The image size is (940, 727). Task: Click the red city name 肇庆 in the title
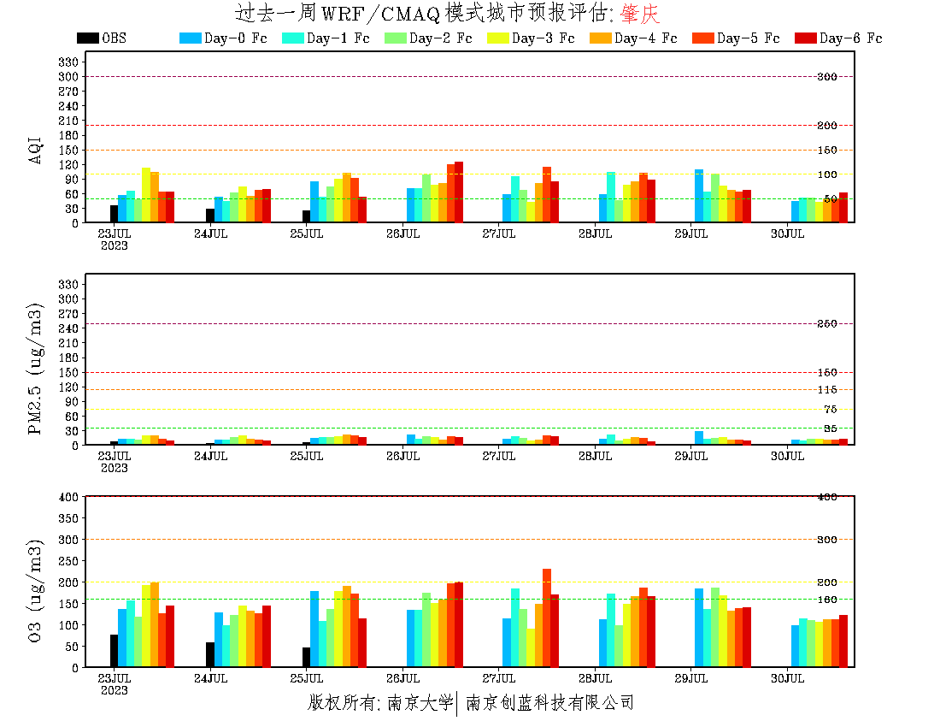[640, 14]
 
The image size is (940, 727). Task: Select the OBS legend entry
[102, 38]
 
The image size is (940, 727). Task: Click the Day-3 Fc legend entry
[531, 38]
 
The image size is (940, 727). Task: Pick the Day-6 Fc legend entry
[838, 38]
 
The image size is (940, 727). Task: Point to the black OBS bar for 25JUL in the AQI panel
[306, 216]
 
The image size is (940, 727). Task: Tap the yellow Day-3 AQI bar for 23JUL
[146, 195]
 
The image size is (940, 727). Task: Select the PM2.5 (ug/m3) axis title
[36, 369]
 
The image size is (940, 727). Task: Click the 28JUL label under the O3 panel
[596, 678]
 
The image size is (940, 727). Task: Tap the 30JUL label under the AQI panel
[788, 233]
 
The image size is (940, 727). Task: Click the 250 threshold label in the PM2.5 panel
[826, 324]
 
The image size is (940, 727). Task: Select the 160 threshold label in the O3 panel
[826, 600]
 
